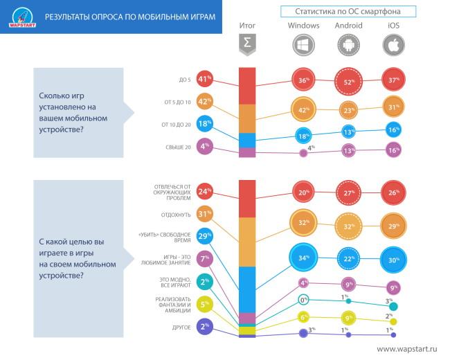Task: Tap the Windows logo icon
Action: tap(303, 45)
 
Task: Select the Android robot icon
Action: tap(348, 45)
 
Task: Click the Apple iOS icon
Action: tap(393, 45)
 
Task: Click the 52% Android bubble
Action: tap(348, 82)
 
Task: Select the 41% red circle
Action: tap(204, 80)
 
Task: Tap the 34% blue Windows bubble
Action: tap(303, 259)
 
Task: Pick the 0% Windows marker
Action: tap(303, 300)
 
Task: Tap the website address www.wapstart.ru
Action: tap(407, 349)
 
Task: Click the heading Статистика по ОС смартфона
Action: tap(348, 12)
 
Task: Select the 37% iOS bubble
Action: tap(393, 80)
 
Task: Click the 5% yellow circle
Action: tap(204, 303)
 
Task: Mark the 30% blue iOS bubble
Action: tap(393, 260)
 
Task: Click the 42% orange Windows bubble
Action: tap(303, 110)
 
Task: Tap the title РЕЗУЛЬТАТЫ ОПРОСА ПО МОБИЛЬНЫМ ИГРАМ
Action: tap(130, 16)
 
